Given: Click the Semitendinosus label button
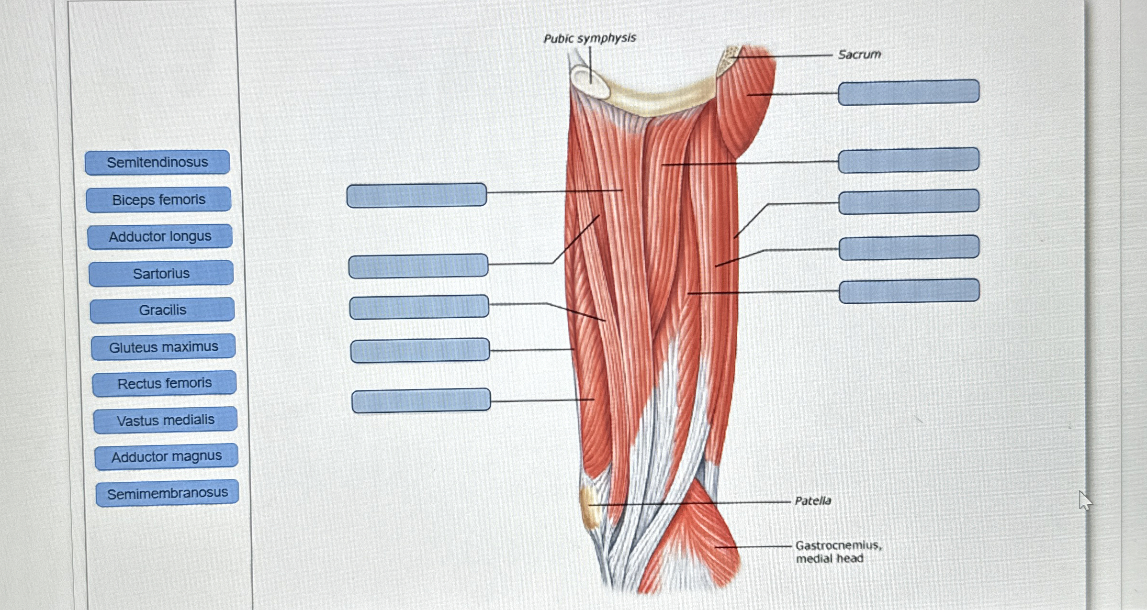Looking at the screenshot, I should coord(157,163).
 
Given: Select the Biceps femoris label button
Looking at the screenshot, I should coord(158,200).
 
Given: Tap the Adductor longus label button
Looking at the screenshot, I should coord(160,236).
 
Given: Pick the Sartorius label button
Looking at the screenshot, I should coord(161,273).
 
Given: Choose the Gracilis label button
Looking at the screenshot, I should coord(162,310).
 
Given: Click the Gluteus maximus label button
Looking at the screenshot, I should coord(163,347).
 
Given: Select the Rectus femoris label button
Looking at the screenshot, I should coord(164,383).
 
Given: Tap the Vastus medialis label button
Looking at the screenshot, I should coord(166,420).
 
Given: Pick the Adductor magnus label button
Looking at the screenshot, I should coord(167,456).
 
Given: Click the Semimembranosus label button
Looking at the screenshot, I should coord(167,493).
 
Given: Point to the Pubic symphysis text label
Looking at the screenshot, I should coord(589,38).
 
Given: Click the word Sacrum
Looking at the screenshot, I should coord(859,55).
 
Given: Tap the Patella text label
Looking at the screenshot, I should coord(813,501).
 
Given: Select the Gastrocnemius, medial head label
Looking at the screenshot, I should coord(838,552).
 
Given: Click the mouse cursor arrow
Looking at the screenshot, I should coord(1084,500).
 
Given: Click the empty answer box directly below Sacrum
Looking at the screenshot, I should coord(908,92).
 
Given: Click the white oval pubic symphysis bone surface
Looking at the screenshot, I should coord(589,81).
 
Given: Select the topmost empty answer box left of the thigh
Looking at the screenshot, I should coord(416,195).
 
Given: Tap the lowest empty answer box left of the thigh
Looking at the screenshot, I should coord(421,401).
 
